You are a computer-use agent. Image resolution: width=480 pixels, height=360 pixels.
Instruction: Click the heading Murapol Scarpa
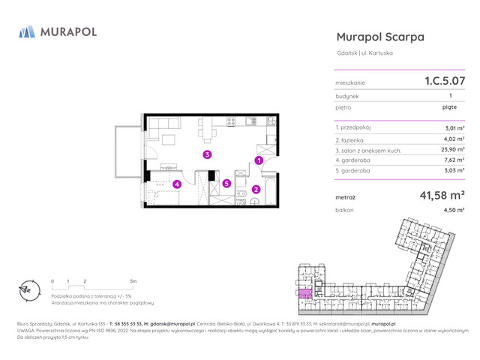coord(380,37)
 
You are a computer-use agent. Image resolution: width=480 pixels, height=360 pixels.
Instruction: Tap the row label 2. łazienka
coord(354,139)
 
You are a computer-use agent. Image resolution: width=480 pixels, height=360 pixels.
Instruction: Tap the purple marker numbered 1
coord(258,160)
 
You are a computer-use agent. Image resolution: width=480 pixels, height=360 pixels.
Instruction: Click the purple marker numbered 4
coord(177,184)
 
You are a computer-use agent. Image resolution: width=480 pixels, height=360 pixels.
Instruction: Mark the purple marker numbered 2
coord(256,189)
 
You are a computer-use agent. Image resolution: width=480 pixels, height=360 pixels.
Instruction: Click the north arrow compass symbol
coord(26,289)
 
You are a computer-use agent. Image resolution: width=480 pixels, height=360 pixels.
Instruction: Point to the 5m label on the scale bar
coord(133,280)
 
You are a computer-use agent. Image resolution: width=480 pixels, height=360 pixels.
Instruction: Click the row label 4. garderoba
coord(355,160)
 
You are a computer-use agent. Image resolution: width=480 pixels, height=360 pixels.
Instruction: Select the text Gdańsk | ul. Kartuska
coord(364,53)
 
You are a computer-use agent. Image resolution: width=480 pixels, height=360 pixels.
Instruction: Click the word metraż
coord(346,198)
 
